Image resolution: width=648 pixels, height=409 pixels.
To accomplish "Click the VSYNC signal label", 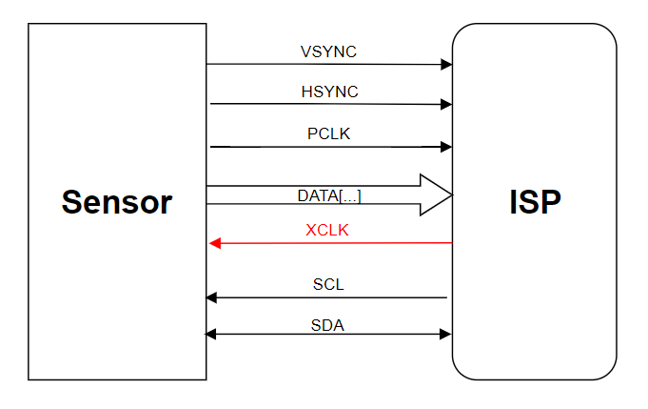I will (328, 51).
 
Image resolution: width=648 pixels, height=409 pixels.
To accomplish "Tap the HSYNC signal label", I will (329, 92).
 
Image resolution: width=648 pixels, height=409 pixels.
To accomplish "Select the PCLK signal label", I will (329, 133).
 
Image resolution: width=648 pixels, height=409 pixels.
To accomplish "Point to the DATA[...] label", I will (329, 195).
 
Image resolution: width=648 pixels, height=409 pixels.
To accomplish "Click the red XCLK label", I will (327, 230).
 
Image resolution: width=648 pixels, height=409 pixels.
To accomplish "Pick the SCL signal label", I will (328, 284).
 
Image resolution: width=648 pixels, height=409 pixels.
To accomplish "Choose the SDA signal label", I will (328, 325).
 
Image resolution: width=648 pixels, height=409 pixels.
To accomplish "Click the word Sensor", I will (117, 202).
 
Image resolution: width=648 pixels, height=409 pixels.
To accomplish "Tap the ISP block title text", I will (535, 202).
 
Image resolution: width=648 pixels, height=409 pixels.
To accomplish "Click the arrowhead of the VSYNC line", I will (446, 65).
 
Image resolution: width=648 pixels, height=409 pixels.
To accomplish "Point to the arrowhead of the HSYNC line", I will (446, 105).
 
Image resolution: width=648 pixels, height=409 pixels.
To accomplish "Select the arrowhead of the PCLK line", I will (446, 147).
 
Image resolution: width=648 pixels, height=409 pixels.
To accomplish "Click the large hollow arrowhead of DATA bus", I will (436, 194).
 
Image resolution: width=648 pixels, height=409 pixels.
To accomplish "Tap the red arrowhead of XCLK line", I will (215, 243).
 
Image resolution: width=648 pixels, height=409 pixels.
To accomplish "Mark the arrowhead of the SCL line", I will (211, 297).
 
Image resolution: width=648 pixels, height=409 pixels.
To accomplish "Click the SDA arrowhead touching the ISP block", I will (445, 334).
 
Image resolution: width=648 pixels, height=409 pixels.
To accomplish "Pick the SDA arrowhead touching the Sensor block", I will (211, 334).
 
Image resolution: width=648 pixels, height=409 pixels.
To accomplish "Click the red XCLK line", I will (333, 243).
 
